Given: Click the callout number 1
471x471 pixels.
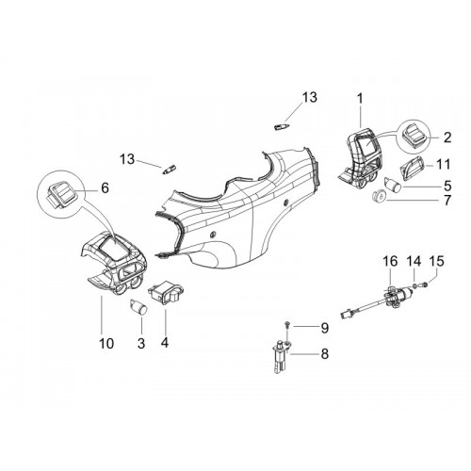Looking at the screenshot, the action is click(360, 99).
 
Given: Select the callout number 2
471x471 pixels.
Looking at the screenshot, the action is click(447, 138).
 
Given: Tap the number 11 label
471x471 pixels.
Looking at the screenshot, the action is click(444, 164).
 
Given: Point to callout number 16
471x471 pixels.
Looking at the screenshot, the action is click(390, 261).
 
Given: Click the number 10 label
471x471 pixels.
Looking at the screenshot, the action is click(106, 344).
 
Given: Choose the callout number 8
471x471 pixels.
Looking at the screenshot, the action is click(324, 354).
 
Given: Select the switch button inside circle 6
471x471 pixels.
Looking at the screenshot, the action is click(62, 193).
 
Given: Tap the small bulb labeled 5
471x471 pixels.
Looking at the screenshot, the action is click(394, 185).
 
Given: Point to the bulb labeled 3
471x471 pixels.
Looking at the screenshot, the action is click(138, 307).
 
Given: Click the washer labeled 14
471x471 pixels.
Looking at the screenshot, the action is click(414, 285).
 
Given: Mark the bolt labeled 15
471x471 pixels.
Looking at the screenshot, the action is click(425, 284).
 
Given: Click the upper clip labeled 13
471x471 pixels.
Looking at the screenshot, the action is click(281, 126).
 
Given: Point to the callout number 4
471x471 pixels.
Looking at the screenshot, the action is click(165, 342).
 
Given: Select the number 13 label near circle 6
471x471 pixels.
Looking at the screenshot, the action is click(127, 159).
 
